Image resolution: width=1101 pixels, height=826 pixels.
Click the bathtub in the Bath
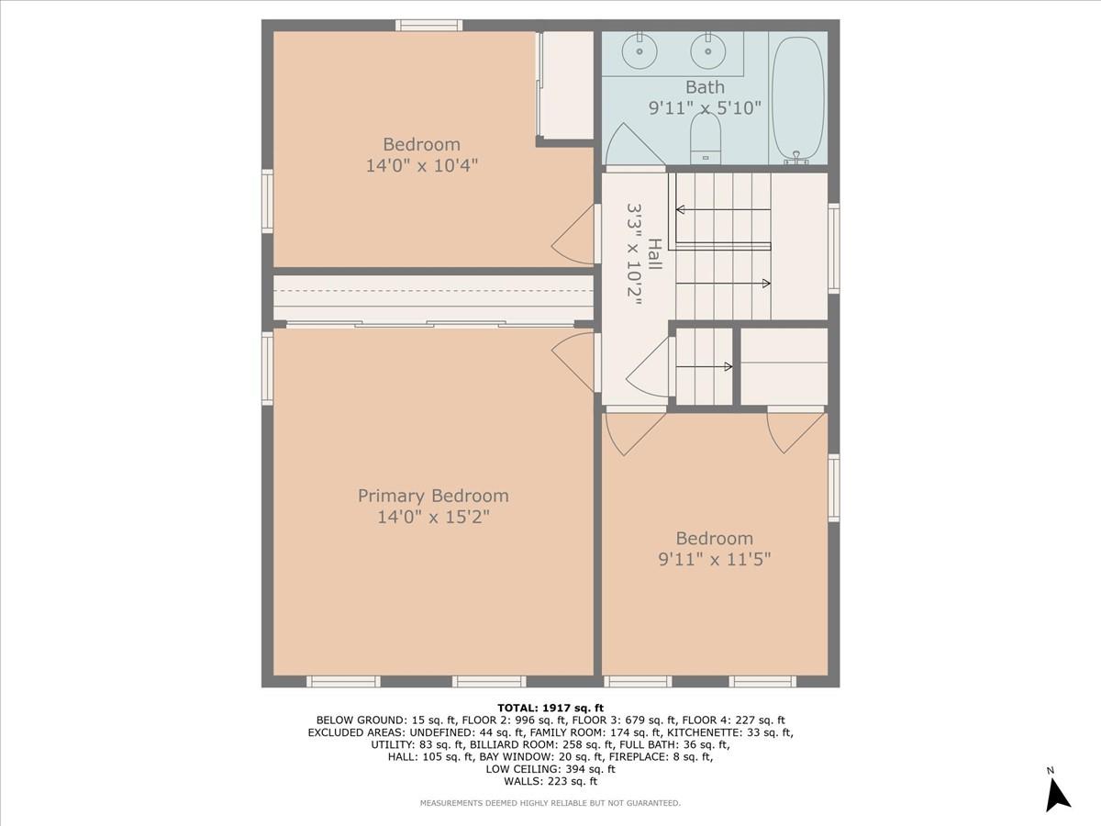pyautogui.click(x=798, y=98)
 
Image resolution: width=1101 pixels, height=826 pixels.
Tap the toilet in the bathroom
pyautogui.click(x=706, y=143)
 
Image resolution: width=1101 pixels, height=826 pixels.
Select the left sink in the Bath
pyautogui.click(x=637, y=51)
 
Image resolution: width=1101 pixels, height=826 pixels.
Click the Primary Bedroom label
pyautogui.click(x=433, y=496)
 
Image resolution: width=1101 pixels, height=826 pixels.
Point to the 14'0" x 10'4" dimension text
pyautogui.click(x=421, y=165)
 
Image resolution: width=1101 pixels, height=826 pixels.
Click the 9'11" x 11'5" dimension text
pyautogui.click(x=715, y=559)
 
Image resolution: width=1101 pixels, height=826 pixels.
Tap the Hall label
pyautogui.click(x=655, y=254)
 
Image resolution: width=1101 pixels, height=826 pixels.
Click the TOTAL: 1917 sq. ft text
pyautogui.click(x=550, y=708)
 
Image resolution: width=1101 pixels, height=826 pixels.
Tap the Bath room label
pyautogui.click(x=705, y=88)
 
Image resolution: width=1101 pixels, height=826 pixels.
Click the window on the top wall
pyautogui.click(x=428, y=25)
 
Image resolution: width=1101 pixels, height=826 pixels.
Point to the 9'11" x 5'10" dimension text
pyautogui.click(x=705, y=108)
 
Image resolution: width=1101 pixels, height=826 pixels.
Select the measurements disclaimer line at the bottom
pyautogui.click(x=550, y=803)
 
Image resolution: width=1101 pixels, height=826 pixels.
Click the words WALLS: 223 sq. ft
pyautogui.click(x=550, y=781)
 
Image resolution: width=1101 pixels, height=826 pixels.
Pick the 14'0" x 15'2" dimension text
pyautogui.click(x=433, y=517)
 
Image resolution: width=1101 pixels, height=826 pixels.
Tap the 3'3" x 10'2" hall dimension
pyautogui.click(x=633, y=254)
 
